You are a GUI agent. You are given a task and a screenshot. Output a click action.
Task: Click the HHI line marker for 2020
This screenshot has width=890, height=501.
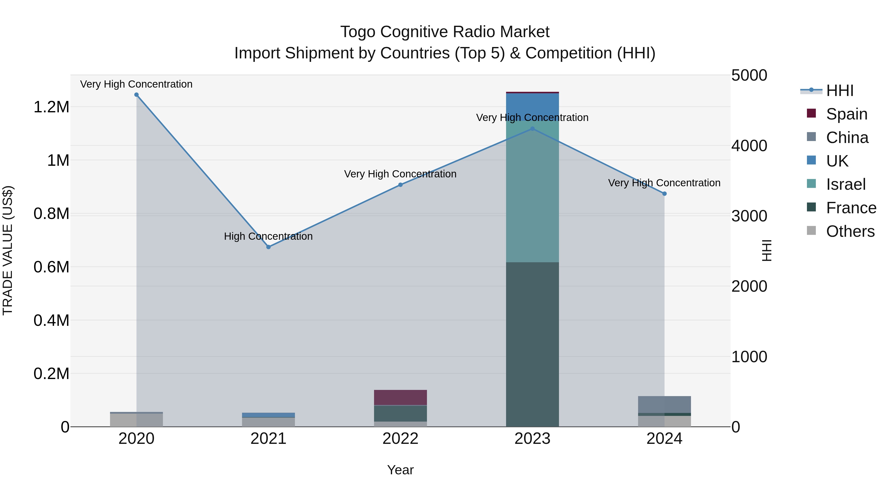click(136, 95)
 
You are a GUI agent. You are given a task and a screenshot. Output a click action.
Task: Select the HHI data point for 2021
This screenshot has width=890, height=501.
click(268, 247)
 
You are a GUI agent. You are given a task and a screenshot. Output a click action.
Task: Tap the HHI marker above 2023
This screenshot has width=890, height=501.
click(533, 129)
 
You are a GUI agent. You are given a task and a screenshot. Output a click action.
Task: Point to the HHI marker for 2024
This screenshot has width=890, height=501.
click(664, 194)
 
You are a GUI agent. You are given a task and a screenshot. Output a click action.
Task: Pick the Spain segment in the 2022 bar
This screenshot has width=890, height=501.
click(400, 397)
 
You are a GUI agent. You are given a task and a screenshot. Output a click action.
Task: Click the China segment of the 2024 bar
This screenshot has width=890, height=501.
click(664, 404)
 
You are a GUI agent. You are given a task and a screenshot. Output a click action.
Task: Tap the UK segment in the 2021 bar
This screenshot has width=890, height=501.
click(268, 415)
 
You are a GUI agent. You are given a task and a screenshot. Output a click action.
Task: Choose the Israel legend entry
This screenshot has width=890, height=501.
click(846, 184)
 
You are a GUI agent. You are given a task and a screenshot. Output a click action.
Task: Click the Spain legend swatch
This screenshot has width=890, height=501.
click(811, 113)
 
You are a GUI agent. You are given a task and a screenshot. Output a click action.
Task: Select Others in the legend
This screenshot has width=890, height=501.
click(850, 231)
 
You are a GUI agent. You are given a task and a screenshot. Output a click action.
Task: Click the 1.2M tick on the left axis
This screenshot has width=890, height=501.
click(51, 107)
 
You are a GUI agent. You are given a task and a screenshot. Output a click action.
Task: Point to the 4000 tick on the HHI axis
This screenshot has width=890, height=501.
click(749, 145)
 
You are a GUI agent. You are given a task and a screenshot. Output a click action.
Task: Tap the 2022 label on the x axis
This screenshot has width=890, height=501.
click(400, 439)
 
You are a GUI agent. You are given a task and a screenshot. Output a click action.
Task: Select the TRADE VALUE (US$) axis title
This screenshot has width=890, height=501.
click(8, 250)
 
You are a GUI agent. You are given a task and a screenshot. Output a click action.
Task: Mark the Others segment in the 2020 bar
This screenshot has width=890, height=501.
click(136, 420)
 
